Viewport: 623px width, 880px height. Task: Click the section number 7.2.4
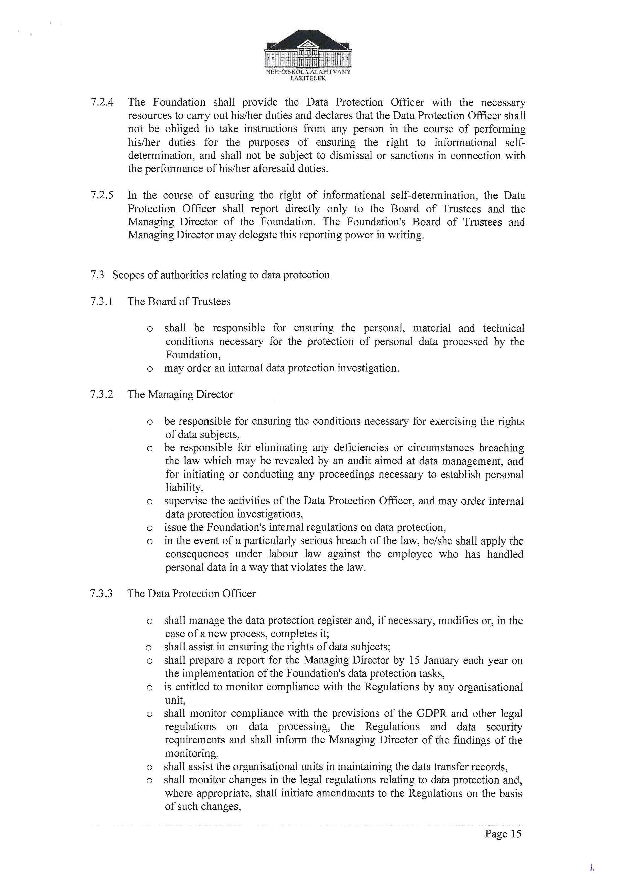(x=102, y=102)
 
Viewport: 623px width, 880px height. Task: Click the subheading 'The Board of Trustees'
(x=179, y=301)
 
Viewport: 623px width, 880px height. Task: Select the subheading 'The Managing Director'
(x=180, y=394)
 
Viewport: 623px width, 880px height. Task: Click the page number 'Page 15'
(x=503, y=834)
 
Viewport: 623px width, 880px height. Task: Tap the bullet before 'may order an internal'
(x=150, y=369)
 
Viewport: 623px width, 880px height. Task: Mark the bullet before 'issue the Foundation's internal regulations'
(x=150, y=528)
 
